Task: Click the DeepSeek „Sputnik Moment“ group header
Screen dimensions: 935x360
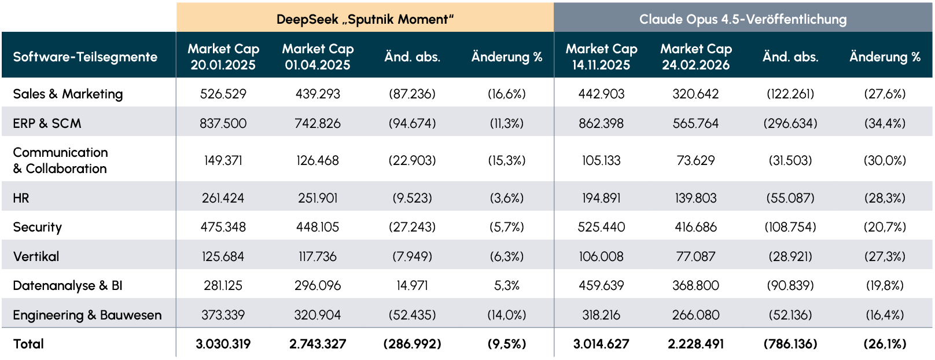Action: pos(365,19)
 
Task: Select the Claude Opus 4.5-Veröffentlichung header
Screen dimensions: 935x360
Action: pos(743,19)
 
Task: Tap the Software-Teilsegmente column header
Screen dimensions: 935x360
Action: pos(85,57)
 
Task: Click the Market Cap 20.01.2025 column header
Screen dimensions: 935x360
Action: pos(223,57)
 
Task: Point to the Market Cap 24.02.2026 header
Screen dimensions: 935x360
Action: pos(696,57)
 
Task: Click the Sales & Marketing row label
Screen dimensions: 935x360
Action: pos(68,94)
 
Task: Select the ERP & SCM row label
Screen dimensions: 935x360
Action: pos(47,123)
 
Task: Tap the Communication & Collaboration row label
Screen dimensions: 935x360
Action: pos(61,160)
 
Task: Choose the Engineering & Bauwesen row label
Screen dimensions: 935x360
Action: pos(87,315)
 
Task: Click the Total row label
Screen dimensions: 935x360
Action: pos(28,344)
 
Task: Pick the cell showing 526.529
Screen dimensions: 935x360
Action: pos(223,94)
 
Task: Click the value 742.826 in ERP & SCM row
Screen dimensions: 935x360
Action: pos(318,123)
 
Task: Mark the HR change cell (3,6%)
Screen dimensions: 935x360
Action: pos(507,198)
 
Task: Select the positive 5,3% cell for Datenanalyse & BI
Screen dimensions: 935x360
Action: pos(507,286)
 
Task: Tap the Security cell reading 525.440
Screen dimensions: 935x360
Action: pos(602,227)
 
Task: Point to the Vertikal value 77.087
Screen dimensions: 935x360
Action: pos(696,256)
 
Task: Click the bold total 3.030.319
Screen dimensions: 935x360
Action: pos(223,344)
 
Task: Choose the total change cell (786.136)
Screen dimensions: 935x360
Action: pos(790,344)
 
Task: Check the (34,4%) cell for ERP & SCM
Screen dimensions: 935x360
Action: pos(885,124)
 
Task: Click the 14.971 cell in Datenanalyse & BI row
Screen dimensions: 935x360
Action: pos(413,286)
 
